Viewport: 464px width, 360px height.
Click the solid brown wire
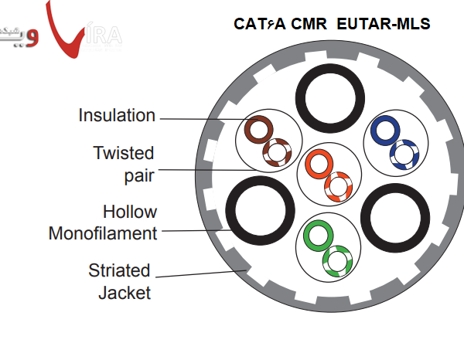click(259, 127)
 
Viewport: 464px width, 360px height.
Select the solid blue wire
click(385, 131)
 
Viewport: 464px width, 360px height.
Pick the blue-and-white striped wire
click(403, 154)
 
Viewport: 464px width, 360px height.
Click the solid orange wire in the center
click(318, 163)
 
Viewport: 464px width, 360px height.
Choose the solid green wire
click(317, 234)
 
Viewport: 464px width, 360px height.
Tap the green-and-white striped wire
click(336, 260)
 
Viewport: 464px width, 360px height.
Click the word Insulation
click(117, 116)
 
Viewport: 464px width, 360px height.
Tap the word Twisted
click(124, 153)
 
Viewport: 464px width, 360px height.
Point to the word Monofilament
click(103, 233)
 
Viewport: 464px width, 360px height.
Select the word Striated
click(118, 271)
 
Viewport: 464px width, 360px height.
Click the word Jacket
click(124, 293)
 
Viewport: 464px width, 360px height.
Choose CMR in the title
click(307, 24)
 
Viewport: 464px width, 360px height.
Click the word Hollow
click(130, 212)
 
